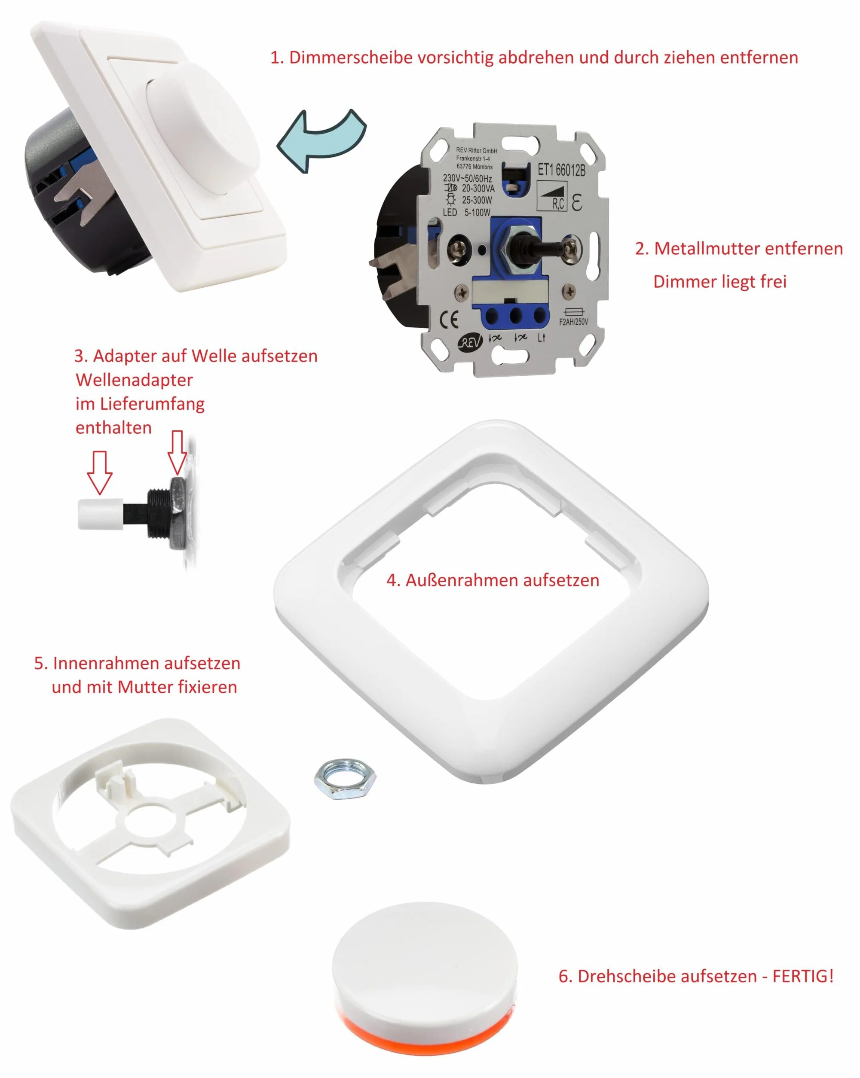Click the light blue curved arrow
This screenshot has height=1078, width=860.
point(320,143)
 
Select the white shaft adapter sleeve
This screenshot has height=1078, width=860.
point(101,514)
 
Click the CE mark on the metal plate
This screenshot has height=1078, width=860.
point(449,319)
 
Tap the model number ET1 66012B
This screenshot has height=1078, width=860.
point(561,170)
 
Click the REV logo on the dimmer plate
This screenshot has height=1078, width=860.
point(470,341)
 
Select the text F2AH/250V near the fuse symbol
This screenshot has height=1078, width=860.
point(573,322)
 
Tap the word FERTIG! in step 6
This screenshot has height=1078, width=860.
point(803,976)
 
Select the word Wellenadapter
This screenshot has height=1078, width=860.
point(134,380)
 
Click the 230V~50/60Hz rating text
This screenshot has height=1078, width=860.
point(467,178)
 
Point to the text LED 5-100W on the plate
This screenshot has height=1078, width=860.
point(466,212)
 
